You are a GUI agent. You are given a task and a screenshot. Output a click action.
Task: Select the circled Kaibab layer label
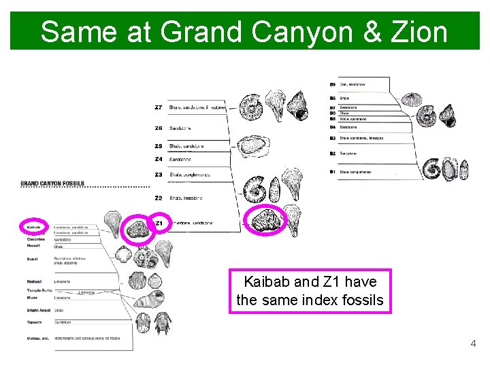[x=35, y=226]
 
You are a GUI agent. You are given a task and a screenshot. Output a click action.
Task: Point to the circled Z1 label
[x=159, y=223]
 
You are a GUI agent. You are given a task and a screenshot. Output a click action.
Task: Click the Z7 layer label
[x=159, y=107]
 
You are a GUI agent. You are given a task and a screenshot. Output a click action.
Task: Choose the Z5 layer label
[x=159, y=145]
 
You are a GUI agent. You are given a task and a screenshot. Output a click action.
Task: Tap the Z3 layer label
[x=159, y=175]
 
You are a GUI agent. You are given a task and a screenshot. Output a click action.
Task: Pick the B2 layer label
[x=332, y=154]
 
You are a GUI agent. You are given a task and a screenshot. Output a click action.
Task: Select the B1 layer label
[x=332, y=172]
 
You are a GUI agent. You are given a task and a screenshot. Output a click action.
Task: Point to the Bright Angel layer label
[x=39, y=310]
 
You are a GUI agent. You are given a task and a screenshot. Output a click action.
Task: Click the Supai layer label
[x=33, y=258]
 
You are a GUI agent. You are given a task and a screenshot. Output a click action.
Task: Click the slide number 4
[x=474, y=344]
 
